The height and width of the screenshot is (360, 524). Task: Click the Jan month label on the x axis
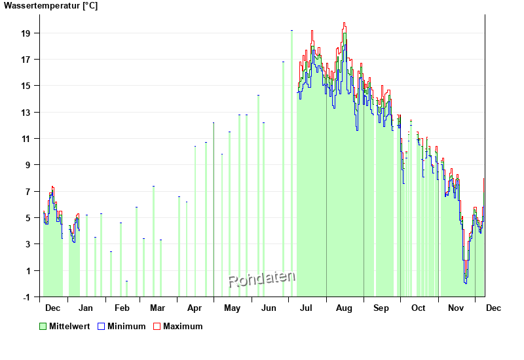coord(85,308)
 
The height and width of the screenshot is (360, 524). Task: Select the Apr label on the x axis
coord(195,308)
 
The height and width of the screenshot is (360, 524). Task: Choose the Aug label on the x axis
coord(344,308)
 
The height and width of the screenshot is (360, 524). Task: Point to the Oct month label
coord(418,308)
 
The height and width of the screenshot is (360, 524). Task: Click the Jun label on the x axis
coord(269,308)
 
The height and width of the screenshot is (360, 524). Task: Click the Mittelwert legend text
coord(69,326)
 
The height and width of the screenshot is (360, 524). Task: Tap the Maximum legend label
coord(183,326)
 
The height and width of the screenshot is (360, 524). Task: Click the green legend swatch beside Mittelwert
coord(43,326)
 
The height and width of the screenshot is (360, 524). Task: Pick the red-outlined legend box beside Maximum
coord(157,326)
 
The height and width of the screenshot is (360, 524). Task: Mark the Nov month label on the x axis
coord(455,308)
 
